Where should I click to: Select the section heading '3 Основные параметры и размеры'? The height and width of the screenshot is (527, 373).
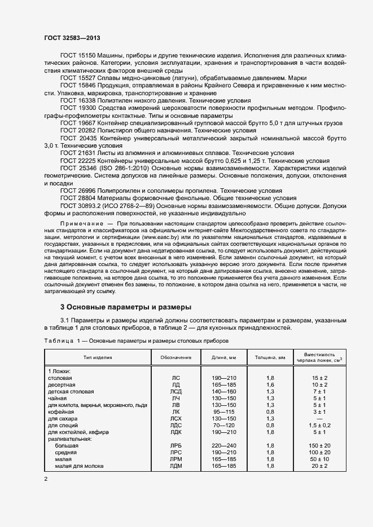pyautogui.click(x=126, y=307)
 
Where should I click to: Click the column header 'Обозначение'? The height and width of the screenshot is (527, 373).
pyautogui.click(x=175, y=357)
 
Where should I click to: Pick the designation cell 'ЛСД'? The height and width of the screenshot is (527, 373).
pyautogui.click(x=175, y=391)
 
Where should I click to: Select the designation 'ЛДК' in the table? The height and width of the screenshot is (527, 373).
pyautogui.click(x=175, y=432)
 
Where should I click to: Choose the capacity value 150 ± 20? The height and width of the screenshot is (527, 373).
pyautogui.click(x=320, y=445)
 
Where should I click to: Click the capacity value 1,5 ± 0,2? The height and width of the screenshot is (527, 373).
pyautogui.click(x=320, y=425)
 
